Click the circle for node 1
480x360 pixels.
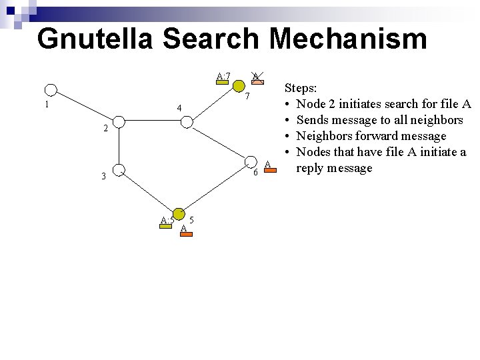tap(51, 91)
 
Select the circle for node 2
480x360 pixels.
tap(118, 122)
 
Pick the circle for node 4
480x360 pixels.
tap(187, 122)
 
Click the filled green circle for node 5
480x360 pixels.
tap(178, 215)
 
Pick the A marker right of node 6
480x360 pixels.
tap(267, 165)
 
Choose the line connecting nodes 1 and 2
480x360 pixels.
tap(85, 106)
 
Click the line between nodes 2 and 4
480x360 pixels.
tap(153, 122)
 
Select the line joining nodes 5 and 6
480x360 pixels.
tap(215, 189)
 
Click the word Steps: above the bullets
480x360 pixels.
tap(301, 87)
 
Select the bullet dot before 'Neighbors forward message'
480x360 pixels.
tap(287, 136)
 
